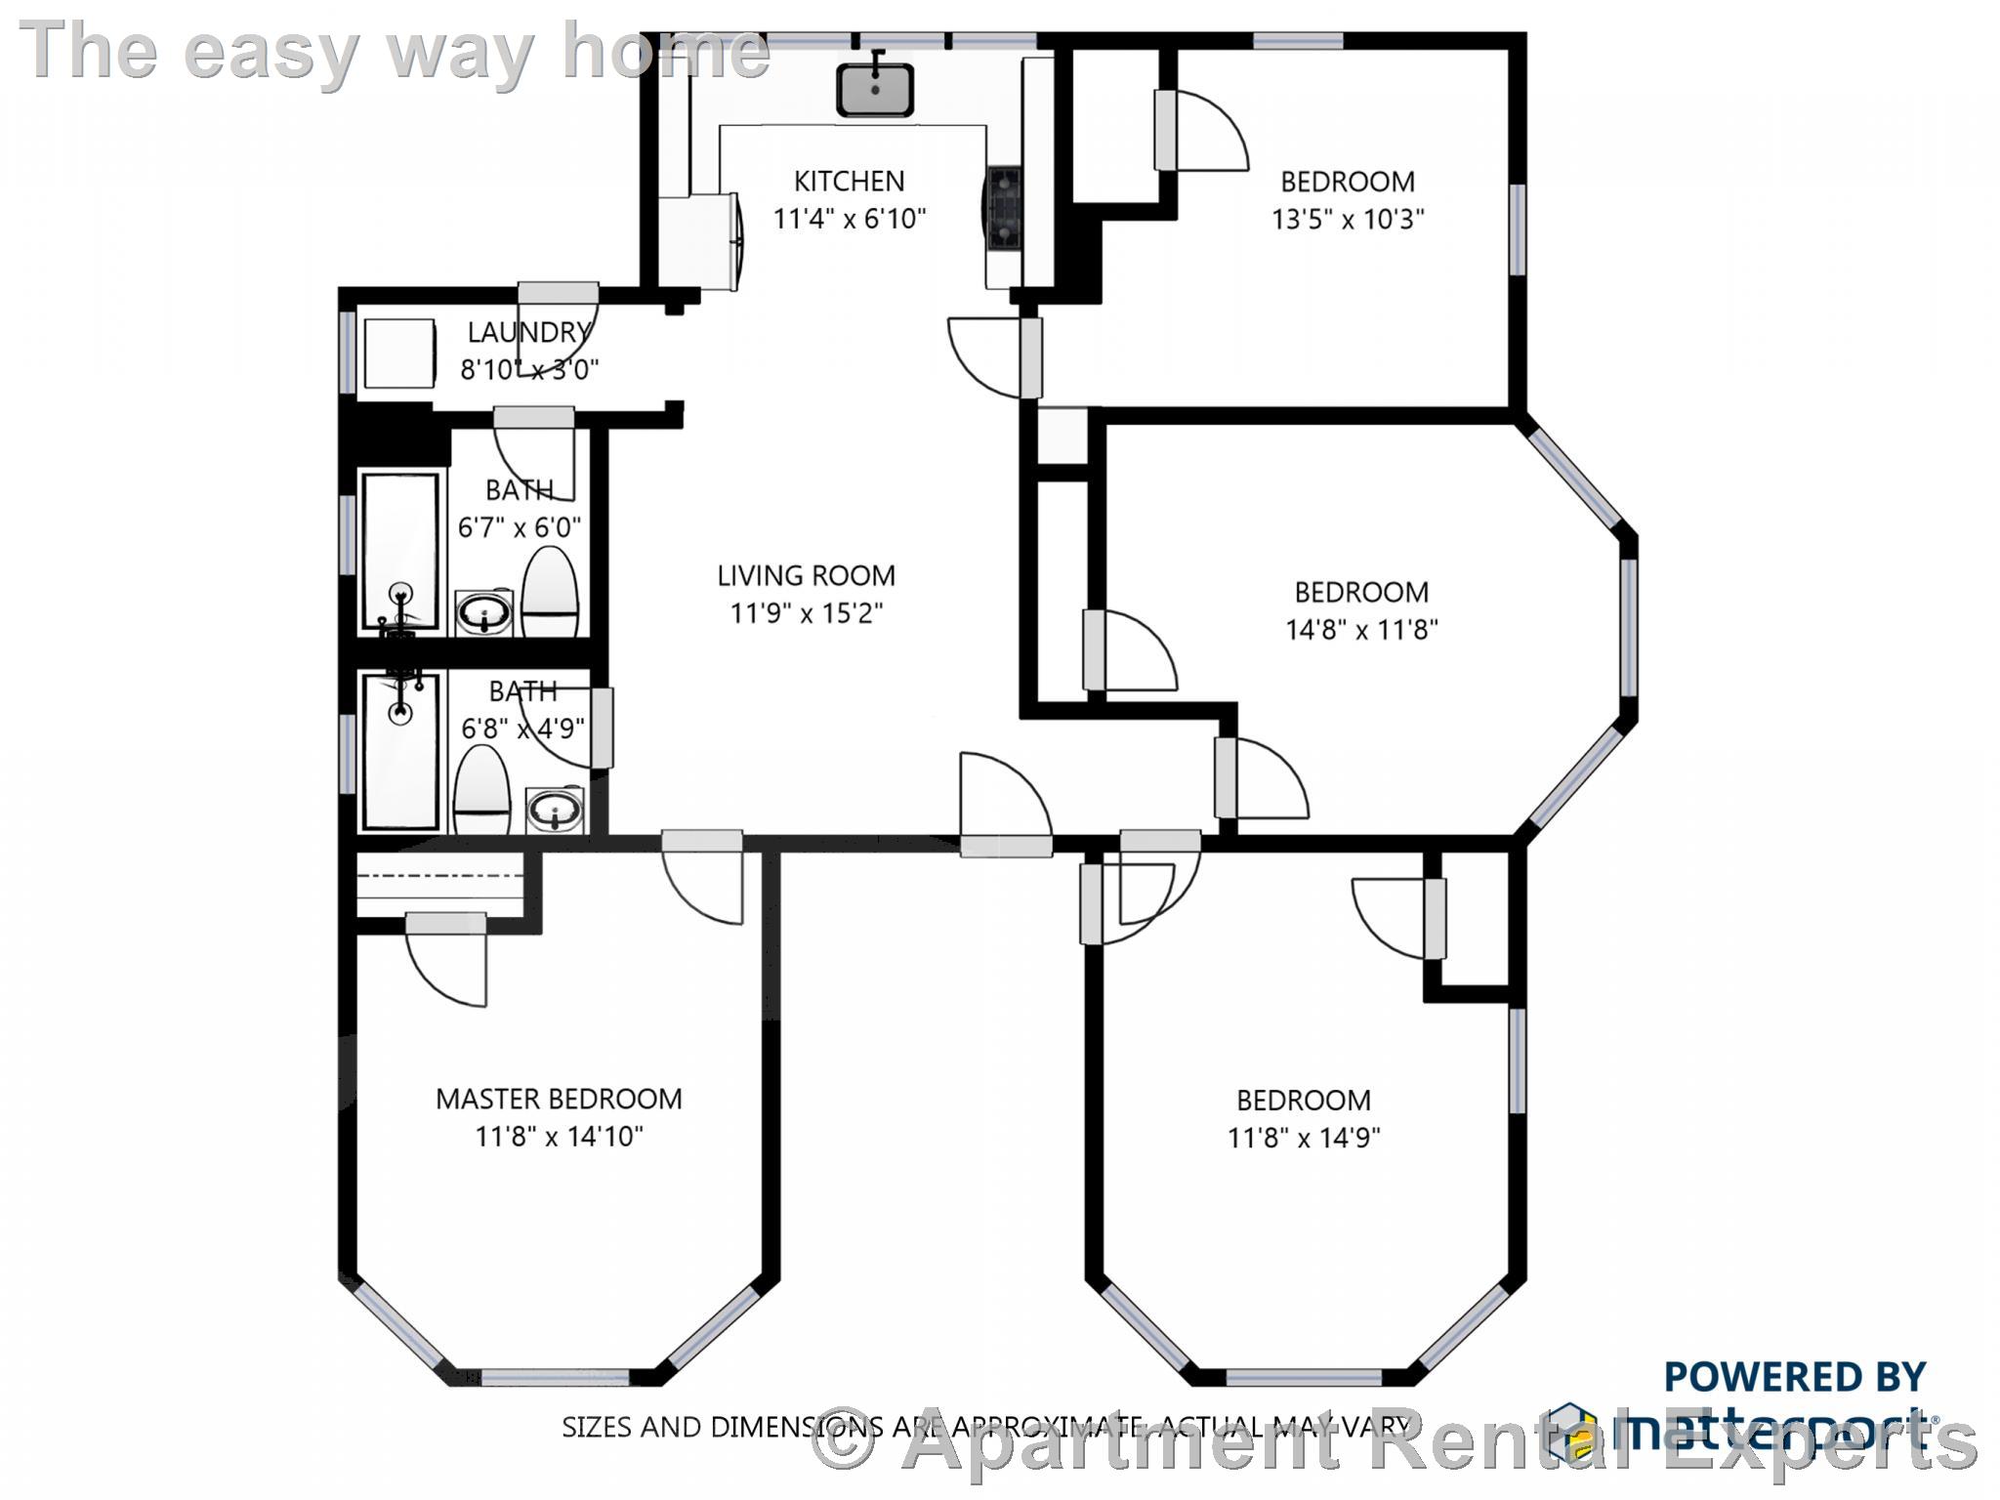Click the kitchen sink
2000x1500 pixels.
(874, 90)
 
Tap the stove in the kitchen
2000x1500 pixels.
(1003, 206)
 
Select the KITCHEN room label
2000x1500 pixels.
(849, 181)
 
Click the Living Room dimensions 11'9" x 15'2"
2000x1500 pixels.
(807, 613)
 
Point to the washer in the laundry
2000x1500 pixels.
(399, 354)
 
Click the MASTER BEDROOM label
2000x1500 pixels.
(559, 1099)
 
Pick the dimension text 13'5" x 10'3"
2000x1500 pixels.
(1348, 219)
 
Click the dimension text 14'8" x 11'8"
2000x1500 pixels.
(1361, 630)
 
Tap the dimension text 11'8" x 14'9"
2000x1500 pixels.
(1304, 1138)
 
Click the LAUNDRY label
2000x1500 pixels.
(528, 332)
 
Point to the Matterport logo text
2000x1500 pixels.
(1758, 1431)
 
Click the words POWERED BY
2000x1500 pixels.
(1794, 1377)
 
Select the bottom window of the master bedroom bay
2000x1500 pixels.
(557, 1378)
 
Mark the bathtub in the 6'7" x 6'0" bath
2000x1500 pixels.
(399, 552)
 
